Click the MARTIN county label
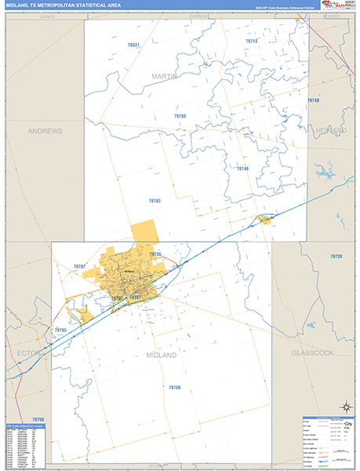tap(165, 76)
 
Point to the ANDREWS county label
tap(44, 130)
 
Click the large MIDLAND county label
tap(162, 355)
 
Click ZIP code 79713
tap(251, 41)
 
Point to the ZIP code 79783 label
tap(180, 116)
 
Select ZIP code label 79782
tap(155, 201)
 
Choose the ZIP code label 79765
tap(60, 330)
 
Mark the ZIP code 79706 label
tap(174, 387)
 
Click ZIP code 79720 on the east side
tap(336, 257)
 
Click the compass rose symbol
tap(344, 406)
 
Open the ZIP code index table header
tap(25, 426)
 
